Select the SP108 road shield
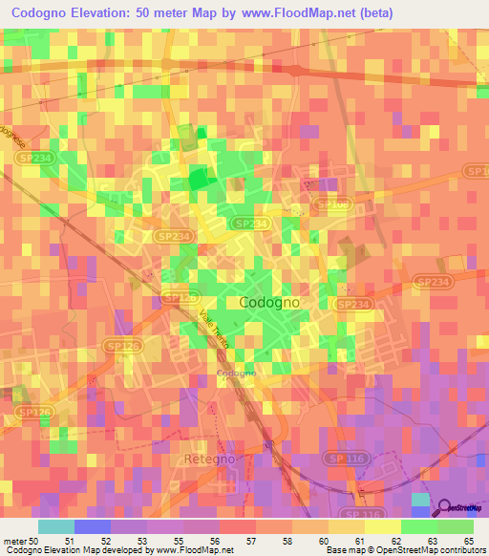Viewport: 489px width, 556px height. tap(332, 203)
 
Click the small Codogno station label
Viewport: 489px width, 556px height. tap(236, 373)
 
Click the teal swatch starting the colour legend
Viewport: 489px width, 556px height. tap(56, 526)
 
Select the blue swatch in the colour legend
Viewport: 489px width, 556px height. tap(93, 526)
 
